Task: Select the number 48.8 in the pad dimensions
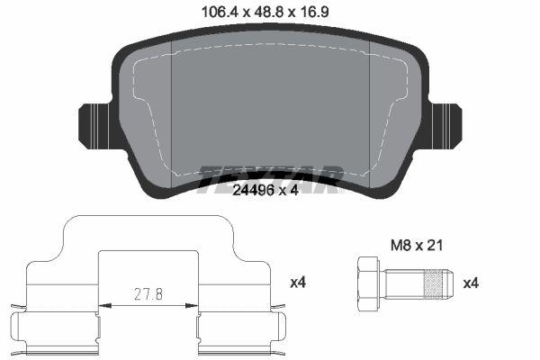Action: (x=267, y=12)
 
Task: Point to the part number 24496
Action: (x=251, y=189)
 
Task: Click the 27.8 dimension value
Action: (x=148, y=293)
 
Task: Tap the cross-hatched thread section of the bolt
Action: (x=436, y=283)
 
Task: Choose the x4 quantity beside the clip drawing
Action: (x=299, y=283)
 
